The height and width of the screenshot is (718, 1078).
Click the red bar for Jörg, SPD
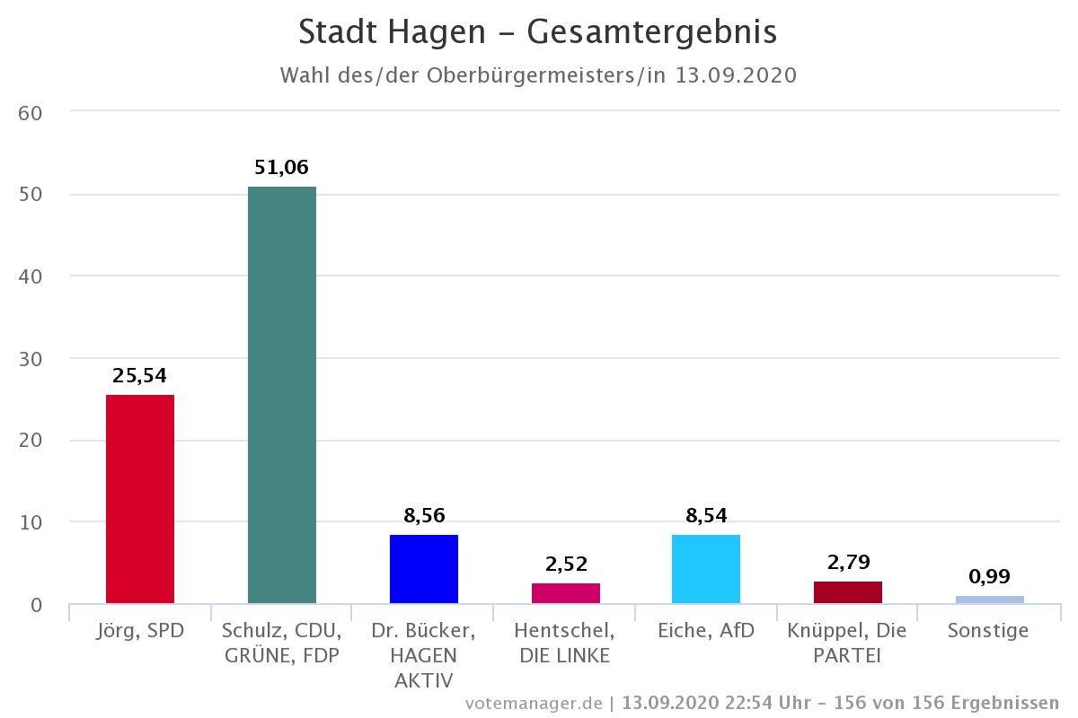point(140,499)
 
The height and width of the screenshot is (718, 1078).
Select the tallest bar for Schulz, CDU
point(281,395)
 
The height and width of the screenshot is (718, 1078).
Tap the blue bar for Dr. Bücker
point(423,569)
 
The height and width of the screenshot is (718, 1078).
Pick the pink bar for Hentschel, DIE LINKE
point(565,593)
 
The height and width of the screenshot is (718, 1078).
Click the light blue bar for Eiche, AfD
point(706,569)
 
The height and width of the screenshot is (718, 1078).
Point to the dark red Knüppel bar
point(848,592)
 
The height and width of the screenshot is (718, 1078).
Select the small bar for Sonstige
point(989,600)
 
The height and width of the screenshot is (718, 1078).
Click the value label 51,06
point(281,168)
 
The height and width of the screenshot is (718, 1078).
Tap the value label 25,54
point(140,376)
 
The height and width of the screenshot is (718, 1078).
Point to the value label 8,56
point(424,516)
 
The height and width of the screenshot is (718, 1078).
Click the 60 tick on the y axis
point(31,112)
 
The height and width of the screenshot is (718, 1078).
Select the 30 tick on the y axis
point(31,358)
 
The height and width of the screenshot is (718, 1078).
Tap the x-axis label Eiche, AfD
point(706,631)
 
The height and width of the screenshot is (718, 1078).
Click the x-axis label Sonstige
point(988,631)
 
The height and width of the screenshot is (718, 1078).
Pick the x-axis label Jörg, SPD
point(140,631)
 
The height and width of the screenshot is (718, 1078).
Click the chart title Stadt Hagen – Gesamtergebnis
point(537,32)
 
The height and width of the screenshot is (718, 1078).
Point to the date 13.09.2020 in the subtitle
point(736,74)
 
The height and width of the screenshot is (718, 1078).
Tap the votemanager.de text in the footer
point(534,703)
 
